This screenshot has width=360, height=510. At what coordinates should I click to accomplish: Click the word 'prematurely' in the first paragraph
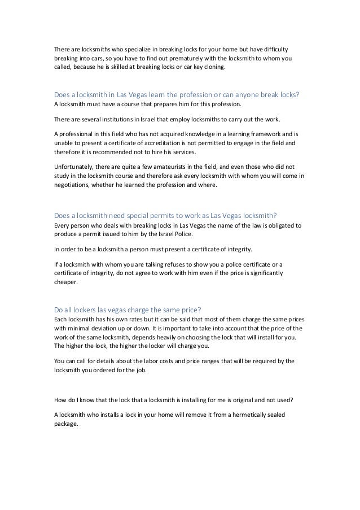(172, 58)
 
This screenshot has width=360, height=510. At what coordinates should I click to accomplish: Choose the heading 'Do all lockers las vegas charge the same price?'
(128, 308)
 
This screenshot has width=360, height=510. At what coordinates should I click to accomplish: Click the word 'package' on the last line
(67, 424)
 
